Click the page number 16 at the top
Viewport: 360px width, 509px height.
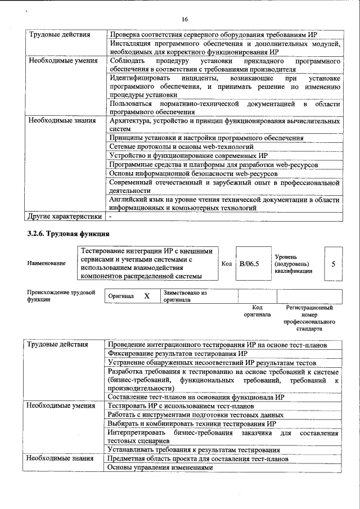184,20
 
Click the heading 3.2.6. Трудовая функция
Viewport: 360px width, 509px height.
68,233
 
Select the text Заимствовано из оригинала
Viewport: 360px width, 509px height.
185,296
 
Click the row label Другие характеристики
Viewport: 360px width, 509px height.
65,216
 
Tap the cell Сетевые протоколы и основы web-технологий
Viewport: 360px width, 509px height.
184,146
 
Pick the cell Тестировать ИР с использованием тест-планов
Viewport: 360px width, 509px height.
181,406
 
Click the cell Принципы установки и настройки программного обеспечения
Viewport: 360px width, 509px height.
206,137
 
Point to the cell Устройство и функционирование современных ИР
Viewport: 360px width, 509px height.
188,155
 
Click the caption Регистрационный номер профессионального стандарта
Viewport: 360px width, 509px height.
309,318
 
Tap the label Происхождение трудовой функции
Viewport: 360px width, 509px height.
61,296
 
